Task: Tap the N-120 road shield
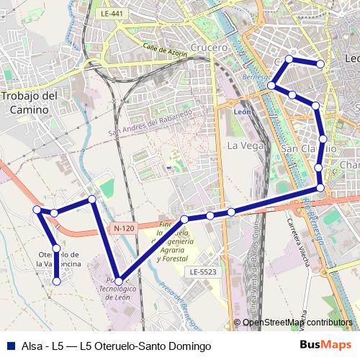point(123,228)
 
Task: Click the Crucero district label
point(210,47)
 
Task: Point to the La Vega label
point(244,145)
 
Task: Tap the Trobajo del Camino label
point(30,102)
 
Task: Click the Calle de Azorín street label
point(164,52)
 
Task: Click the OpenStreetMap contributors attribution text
point(297,323)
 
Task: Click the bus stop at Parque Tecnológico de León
point(119,282)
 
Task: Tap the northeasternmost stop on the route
point(321,65)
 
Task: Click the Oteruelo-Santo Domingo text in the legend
point(145,346)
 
